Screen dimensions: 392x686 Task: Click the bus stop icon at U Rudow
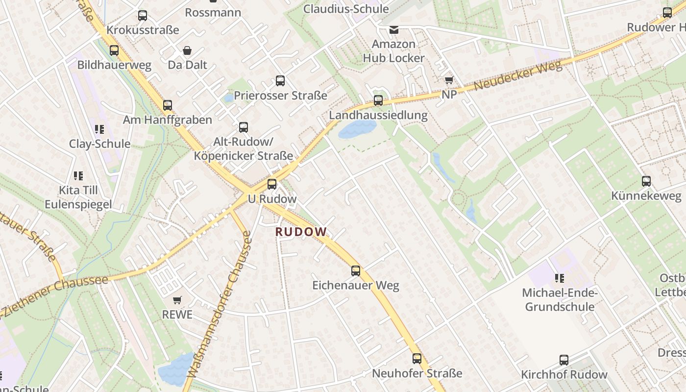pos(272,184)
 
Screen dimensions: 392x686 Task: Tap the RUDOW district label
pos(301,232)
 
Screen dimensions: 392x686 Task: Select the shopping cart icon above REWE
pos(177,299)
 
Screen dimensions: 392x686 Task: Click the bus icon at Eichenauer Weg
pos(356,270)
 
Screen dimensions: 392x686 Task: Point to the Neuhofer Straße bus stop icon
pos(417,358)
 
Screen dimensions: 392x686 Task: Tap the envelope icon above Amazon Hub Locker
pos(394,30)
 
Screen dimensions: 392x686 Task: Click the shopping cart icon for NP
pos(449,80)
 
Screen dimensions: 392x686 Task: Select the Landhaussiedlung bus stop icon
pos(378,100)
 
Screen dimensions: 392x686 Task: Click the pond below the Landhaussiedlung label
pos(358,129)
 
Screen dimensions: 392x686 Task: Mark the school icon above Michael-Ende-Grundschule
pos(559,278)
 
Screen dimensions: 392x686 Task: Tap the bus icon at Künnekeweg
pos(646,181)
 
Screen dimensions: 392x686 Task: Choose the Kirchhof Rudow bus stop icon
pos(564,360)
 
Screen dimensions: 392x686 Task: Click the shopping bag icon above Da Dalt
pos(187,50)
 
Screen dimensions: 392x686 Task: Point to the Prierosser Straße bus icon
pos(280,81)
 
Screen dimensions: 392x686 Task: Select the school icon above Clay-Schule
pos(99,129)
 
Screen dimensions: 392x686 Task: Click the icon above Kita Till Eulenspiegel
pos(78,175)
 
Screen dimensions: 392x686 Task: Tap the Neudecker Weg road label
pos(517,77)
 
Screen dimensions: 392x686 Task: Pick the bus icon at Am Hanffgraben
pos(168,105)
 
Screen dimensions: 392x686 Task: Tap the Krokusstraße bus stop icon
pos(143,16)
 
